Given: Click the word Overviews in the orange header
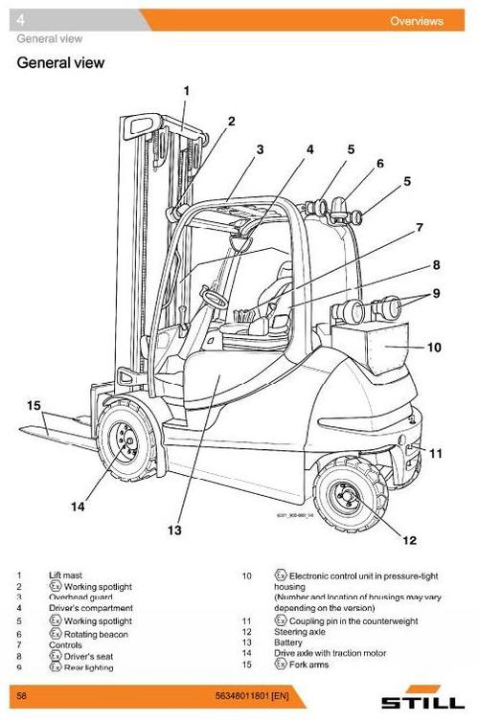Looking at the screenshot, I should click(x=416, y=21).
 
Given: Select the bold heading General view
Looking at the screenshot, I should click(x=60, y=64).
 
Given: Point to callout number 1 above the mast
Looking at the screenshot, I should click(x=186, y=91).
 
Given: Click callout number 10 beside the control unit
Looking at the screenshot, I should click(x=434, y=348).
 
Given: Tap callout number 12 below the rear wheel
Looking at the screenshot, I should click(x=409, y=540).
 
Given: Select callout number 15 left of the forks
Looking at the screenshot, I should click(x=33, y=405).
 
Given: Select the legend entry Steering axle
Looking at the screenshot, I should click(x=296, y=632).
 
